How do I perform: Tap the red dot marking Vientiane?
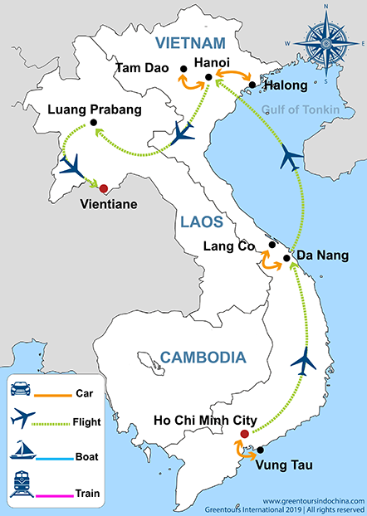click(x=104, y=187)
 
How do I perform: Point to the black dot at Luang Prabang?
click(x=94, y=124)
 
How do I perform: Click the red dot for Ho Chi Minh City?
click(x=243, y=434)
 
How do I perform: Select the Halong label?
click(x=284, y=85)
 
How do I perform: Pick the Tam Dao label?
click(x=143, y=67)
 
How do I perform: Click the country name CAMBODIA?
click(x=203, y=358)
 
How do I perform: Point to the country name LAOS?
click(x=201, y=221)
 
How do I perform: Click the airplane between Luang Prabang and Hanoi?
click(x=184, y=132)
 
